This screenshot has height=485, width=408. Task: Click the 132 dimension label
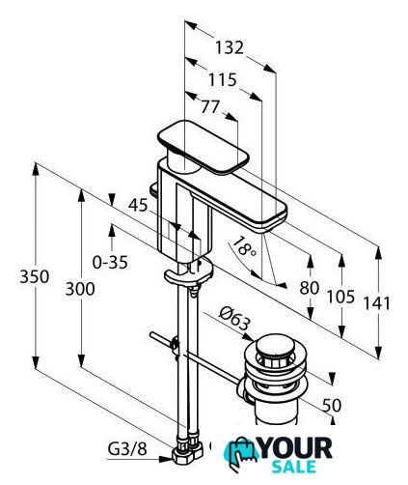pyautogui.click(x=230, y=47)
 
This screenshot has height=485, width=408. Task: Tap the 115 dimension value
pyautogui.click(x=223, y=79)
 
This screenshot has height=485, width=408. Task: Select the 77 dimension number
pyautogui.click(x=210, y=106)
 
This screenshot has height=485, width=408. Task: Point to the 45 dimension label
pyautogui.click(x=138, y=205)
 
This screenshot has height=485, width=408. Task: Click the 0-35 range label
pyautogui.click(x=110, y=262)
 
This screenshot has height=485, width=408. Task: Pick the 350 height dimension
pyautogui.click(x=35, y=276)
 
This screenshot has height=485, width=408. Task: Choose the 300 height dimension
pyautogui.click(x=80, y=289)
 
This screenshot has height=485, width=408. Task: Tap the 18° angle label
pyautogui.click(x=245, y=247)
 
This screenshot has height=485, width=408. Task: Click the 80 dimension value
pyautogui.click(x=310, y=288)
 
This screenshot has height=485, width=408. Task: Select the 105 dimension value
pyautogui.click(x=340, y=297)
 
